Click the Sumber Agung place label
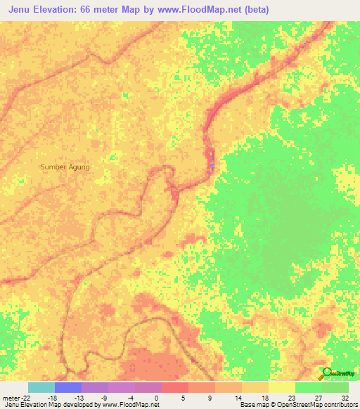pos(65,167)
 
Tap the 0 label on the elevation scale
pos(156,398)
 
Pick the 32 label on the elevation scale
pos(344,398)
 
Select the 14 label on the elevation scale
pos(238,398)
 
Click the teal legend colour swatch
pos(41,387)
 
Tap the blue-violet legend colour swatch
pos(67,387)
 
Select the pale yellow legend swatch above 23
pos(281,387)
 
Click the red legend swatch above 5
pos(174,387)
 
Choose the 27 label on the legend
pos(317,398)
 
